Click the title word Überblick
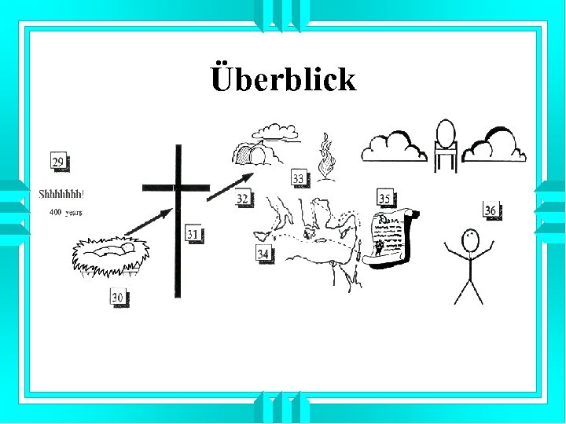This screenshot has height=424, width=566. (283, 79)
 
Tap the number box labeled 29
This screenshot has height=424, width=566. (58, 163)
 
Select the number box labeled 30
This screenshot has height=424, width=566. (118, 297)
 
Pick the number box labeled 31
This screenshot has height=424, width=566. (193, 233)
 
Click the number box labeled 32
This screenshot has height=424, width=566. (243, 199)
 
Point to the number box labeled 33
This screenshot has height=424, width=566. (299, 179)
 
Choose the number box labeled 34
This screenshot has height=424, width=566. (264, 254)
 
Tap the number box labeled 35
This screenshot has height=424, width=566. (384, 198)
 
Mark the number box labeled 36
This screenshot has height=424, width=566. (491, 210)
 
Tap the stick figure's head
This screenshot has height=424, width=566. (469, 239)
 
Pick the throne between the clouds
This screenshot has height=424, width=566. (446, 145)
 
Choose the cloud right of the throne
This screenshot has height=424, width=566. (495, 145)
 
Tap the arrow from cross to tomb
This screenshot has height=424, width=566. (231, 185)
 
